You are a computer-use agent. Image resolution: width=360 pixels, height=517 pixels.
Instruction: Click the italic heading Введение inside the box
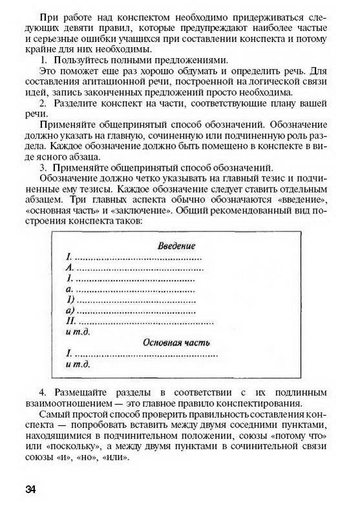tap(176, 246)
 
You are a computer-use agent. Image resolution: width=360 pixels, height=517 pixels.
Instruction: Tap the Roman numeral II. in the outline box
tap(72, 321)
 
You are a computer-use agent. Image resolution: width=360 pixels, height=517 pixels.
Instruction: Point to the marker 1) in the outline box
tap(71, 299)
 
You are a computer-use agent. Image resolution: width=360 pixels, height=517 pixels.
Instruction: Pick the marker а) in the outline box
tap(71, 310)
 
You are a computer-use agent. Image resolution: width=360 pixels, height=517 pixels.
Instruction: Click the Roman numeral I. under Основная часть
tap(69, 353)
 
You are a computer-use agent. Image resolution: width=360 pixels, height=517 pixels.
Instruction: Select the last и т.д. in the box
tap(78, 364)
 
